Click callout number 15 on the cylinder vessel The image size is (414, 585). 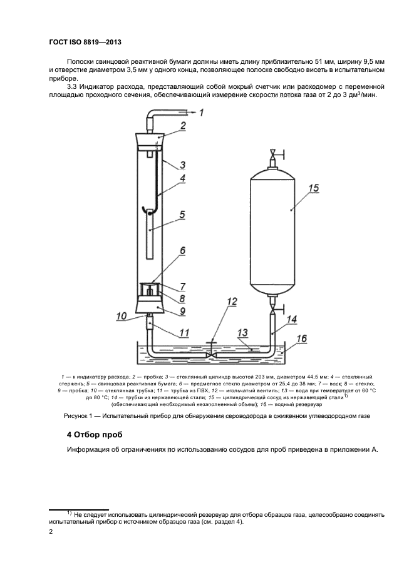[314, 188]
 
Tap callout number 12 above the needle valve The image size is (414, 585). [232, 302]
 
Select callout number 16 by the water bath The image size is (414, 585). [301, 338]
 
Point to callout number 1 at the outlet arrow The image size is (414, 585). [201, 112]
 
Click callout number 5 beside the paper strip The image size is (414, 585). [182, 215]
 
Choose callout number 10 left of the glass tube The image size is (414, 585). [122, 317]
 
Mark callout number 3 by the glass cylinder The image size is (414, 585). [182, 165]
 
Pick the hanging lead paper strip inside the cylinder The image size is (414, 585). [149, 234]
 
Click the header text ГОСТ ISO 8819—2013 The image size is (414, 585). [85, 42]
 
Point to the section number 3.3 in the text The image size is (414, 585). [71, 87]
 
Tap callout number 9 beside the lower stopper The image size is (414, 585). [182, 310]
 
